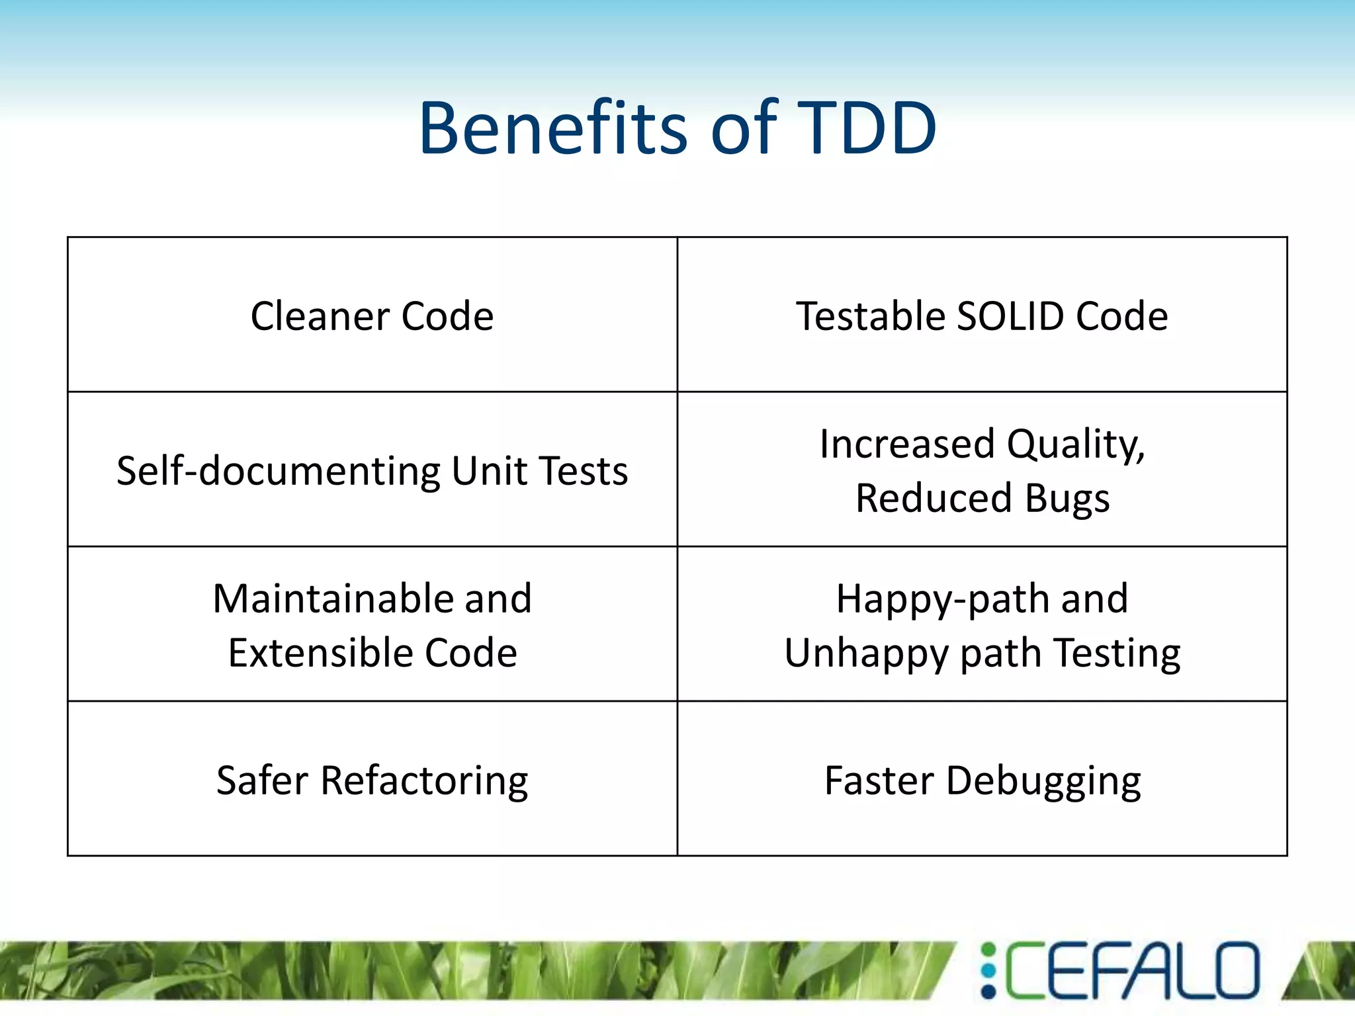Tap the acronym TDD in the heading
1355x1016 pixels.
(867, 128)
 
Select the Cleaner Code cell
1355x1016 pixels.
(372, 316)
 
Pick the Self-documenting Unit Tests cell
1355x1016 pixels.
(372, 470)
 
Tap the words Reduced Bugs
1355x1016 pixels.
(983, 498)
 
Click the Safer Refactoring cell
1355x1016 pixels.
(372, 781)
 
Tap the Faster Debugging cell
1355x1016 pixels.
(983, 781)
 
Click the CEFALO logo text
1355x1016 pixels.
(1131, 970)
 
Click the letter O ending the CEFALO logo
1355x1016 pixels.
(1234, 970)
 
